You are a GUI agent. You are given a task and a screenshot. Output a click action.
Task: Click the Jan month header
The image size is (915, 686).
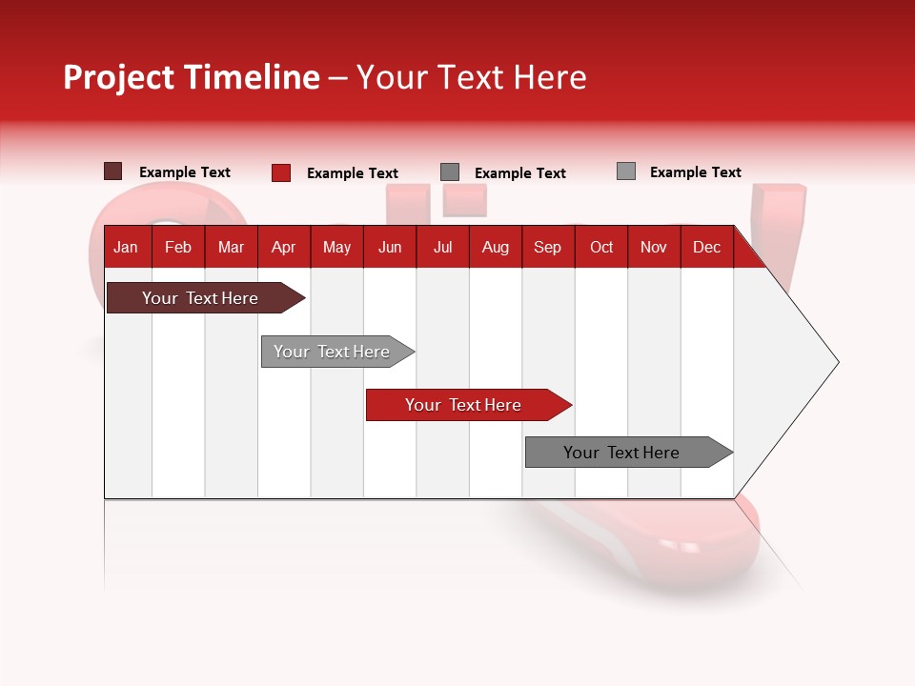click(127, 247)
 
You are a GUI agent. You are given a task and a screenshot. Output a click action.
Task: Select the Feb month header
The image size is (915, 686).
click(178, 247)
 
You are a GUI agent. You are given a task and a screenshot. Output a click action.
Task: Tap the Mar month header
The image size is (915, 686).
click(231, 247)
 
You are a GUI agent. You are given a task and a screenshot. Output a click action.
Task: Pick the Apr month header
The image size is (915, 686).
click(284, 247)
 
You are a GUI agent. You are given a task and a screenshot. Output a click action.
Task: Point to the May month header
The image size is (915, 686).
click(336, 247)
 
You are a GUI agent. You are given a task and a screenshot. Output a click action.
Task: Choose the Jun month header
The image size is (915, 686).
click(390, 247)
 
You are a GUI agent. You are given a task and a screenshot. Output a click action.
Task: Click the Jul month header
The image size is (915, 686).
click(442, 247)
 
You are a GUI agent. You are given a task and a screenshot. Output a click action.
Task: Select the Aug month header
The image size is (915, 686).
click(496, 247)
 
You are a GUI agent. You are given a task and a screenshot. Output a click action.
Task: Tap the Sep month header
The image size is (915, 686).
click(548, 247)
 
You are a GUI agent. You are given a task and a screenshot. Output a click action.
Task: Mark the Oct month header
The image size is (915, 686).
click(601, 247)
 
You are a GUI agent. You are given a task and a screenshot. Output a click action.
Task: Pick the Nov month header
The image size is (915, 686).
click(654, 247)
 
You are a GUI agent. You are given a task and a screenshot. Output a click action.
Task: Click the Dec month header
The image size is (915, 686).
click(707, 247)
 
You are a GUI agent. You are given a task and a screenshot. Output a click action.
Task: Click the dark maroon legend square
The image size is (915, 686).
click(113, 171)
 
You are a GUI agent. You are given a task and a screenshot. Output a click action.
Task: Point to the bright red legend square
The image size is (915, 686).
click(281, 172)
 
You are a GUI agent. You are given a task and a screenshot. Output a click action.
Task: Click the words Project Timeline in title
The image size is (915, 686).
click(192, 77)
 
